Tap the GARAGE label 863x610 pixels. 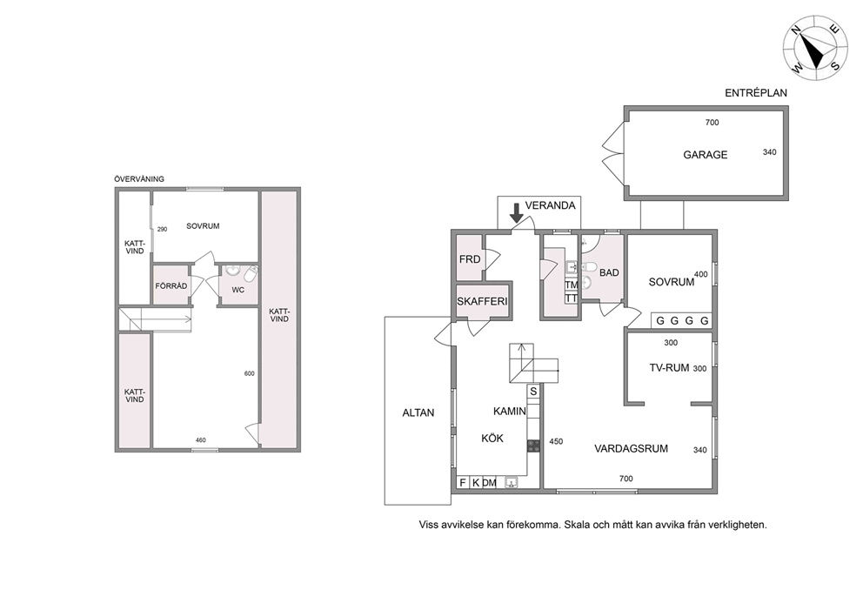tap(705, 155)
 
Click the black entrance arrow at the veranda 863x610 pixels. tap(516, 213)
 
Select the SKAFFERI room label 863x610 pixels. tap(482, 302)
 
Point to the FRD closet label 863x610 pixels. tap(470, 259)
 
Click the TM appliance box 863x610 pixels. tap(572, 285)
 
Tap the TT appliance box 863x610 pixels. tap(572, 298)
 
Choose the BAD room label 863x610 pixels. tap(609, 272)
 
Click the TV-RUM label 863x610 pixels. tap(669, 368)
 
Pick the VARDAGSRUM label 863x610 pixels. tap(632, 449)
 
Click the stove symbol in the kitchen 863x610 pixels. tap(533, 446)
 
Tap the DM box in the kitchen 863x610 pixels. tap(489, 483)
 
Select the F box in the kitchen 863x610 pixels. tap(463, 483)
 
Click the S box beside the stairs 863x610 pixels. tap(533, 392)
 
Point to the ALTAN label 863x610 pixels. tap(418, 412)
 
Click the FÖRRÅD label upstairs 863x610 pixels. tap(171, 286)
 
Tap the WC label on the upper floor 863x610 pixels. tap(237, 290)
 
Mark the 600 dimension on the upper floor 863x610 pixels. tap(250, 374)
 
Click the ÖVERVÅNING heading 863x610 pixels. tap(139, 179)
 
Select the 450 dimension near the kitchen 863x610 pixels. tap(556, 441)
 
